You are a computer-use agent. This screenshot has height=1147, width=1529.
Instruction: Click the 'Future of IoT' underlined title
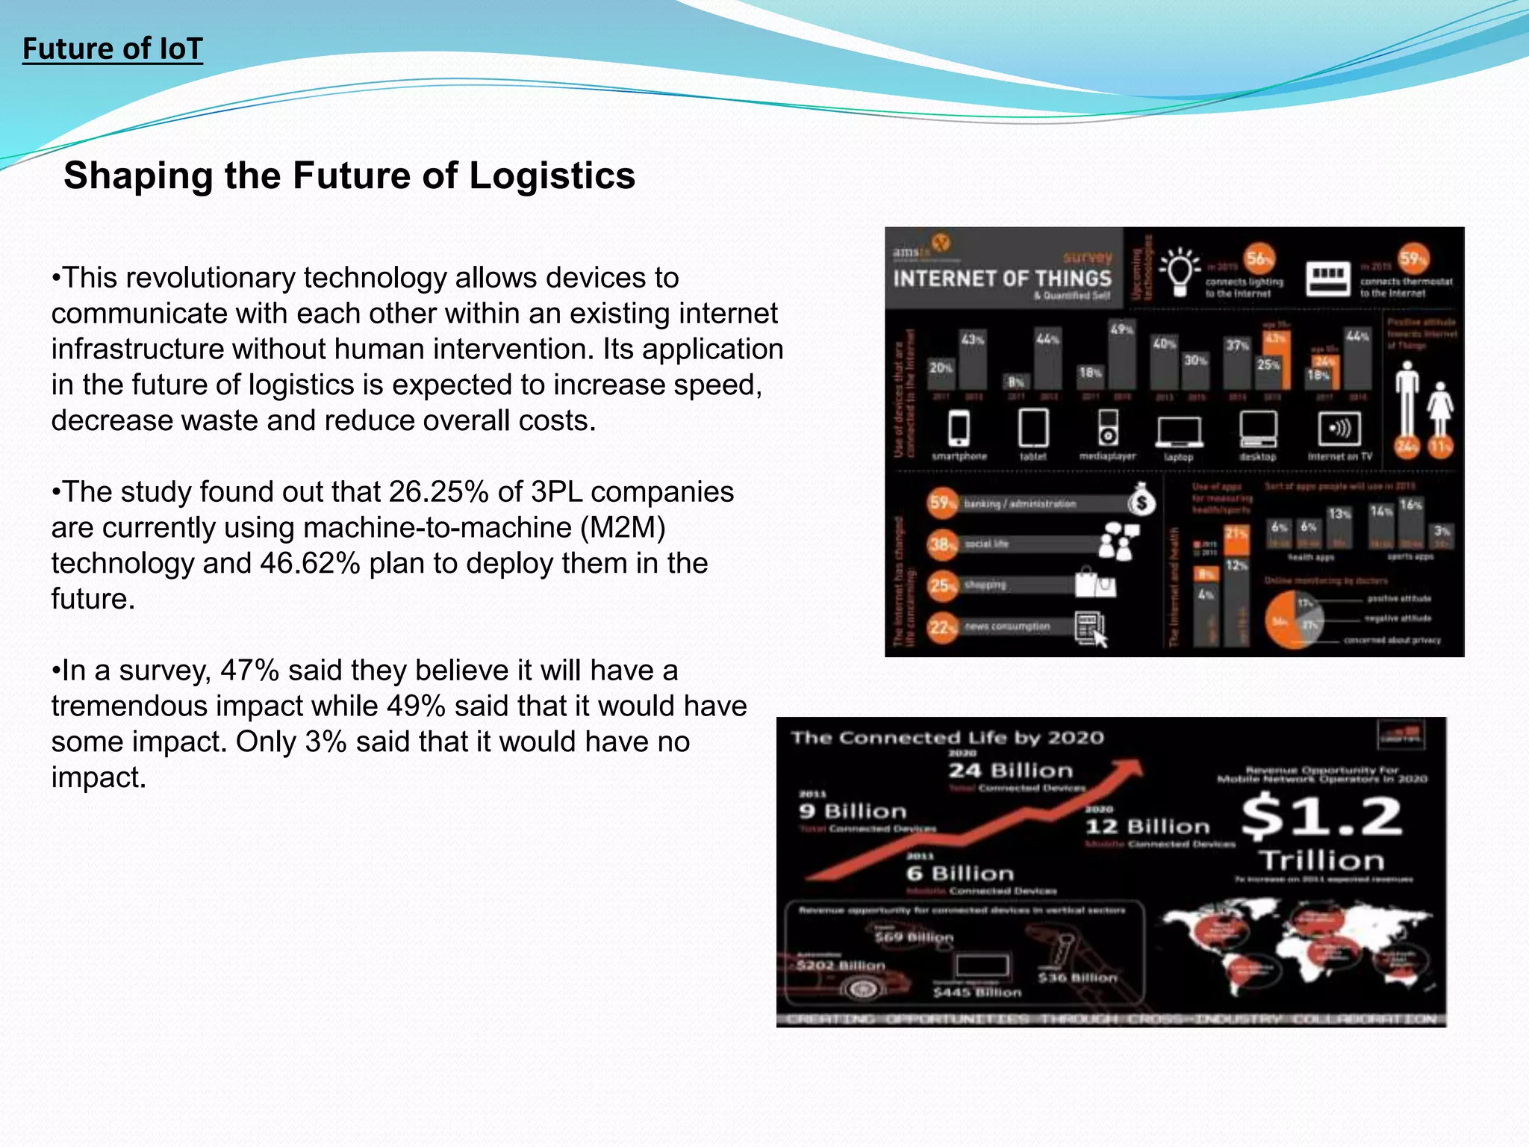112,49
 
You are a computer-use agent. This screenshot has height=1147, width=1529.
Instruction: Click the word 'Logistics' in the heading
552,176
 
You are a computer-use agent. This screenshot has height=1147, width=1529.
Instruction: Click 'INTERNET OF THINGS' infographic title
1002,279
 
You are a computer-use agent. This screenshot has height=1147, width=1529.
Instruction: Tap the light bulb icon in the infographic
1180,270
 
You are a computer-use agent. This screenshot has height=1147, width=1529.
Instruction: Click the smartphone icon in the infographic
959,428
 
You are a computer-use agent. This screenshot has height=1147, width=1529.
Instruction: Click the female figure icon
1440,408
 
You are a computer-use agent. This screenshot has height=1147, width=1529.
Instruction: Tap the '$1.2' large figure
1321,816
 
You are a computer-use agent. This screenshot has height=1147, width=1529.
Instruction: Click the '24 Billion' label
1010,771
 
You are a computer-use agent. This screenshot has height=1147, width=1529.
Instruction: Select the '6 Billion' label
960,874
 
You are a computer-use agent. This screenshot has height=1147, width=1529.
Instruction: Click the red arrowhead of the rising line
1130,769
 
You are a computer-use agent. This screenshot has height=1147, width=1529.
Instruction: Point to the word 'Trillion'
1322,860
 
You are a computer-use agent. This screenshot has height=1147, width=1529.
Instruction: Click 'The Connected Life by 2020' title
947,739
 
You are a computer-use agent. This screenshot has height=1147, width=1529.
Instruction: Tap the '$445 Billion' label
977,992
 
